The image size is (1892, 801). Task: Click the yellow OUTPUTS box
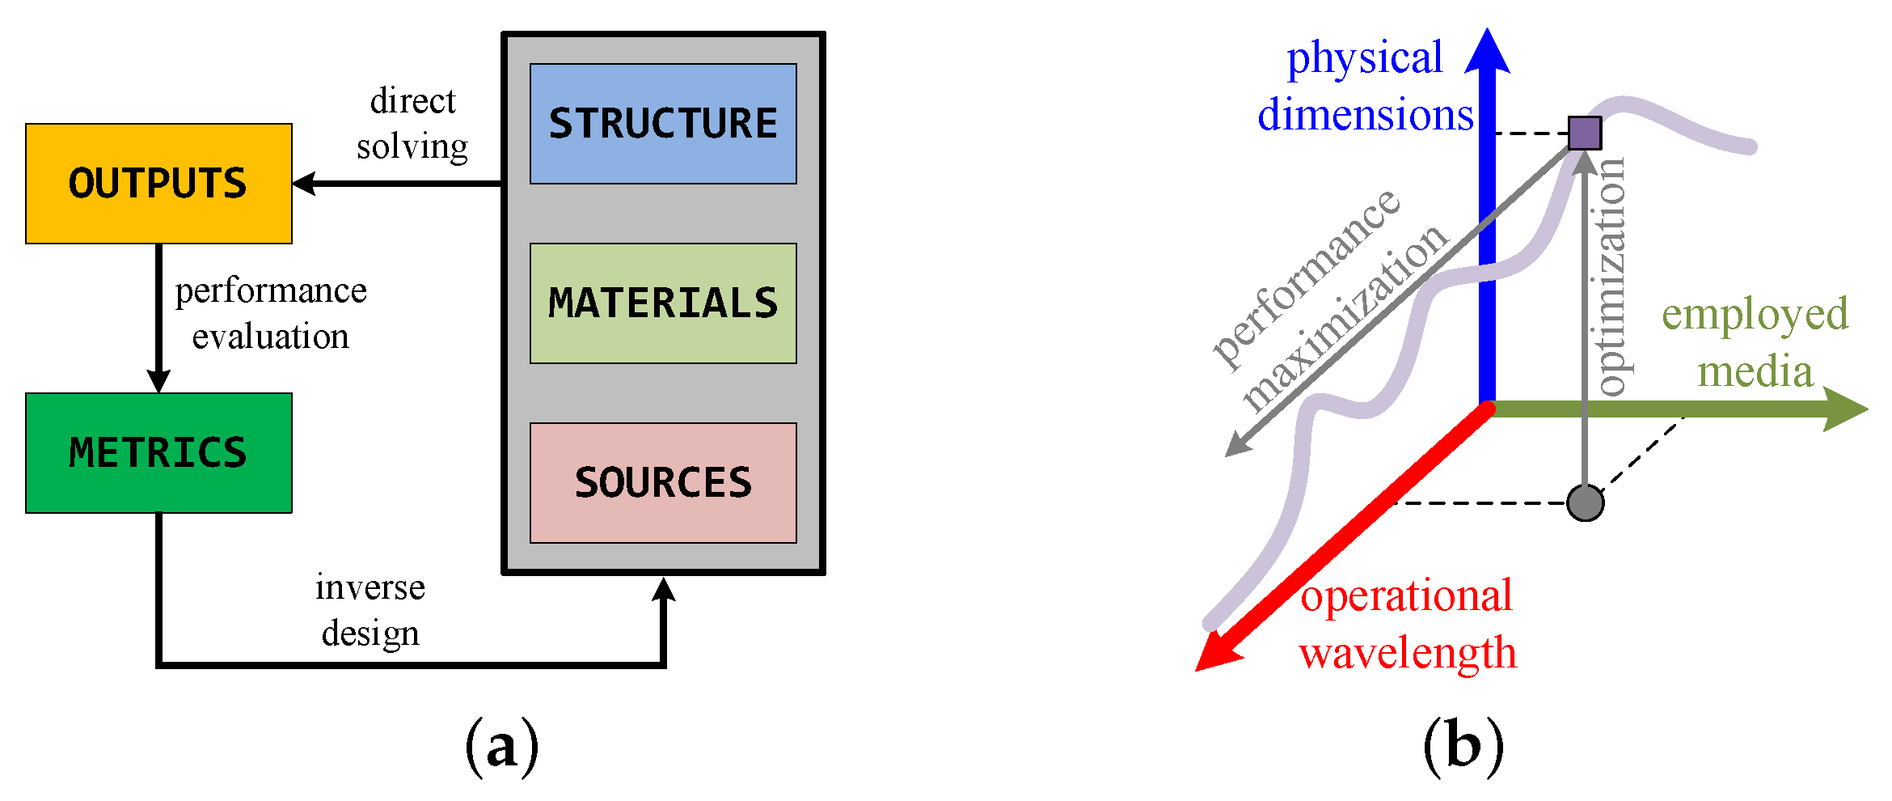(x=158, y=184)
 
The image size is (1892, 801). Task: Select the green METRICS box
(x=158, y=453)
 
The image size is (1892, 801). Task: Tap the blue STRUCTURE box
(x=663, y=124)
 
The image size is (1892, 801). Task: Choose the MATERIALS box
(x=663, y=303)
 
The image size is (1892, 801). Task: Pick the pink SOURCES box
(x=663, y=483)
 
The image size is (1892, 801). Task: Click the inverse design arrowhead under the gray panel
(x=664, y=588)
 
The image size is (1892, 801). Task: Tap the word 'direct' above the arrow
(x=412, y=102)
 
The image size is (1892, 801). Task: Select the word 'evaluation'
(x=270, y=337)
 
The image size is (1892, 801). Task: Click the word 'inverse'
(x=370, y=587)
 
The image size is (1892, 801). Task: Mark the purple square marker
(x=1584, y=133)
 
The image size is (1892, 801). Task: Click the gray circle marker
(x=1585, y=502)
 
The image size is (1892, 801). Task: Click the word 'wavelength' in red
(x=1408, y=652)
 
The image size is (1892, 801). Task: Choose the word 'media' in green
(x=1755, y=372)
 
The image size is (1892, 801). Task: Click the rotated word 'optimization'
(x=1611, y=277)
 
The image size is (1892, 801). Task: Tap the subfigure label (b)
(x=1463, y=746)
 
